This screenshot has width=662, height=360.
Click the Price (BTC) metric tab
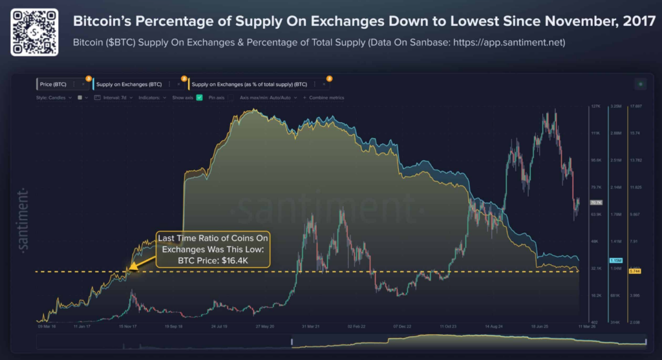click(x=54, y=84)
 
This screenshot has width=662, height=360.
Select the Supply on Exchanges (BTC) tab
click(x=129, y=84)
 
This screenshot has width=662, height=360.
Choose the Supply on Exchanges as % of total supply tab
click(x=249, y=84)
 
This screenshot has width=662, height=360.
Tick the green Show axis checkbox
click(x=200, y=98)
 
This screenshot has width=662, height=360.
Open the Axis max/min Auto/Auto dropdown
click(x=268, y=98)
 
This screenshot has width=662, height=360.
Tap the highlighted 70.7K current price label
click(x=595, y=202)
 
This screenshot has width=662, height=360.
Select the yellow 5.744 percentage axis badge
click(x=635, y=271)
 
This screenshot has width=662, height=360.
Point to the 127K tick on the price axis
click(x=595, y=106)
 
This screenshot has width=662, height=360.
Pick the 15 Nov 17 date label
click(x=127, y=327)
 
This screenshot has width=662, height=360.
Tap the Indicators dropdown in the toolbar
click(x=153, y=98)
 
